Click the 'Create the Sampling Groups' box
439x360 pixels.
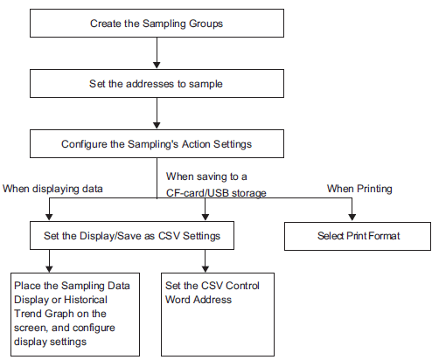pos(157,23)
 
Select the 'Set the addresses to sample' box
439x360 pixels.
pos(157,83)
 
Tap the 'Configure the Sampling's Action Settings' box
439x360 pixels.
pos(157,143)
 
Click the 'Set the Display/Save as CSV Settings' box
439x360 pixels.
pos(132,235)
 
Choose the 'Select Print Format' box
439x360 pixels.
pos(358,236)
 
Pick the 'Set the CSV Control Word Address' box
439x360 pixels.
pos(218,315)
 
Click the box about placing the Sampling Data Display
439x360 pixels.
pos(75,315)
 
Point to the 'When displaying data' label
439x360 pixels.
pos(52,189)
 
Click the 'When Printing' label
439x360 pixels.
pos(359,189)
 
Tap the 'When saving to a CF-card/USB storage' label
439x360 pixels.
pos(216,184)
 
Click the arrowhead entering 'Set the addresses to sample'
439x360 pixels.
pos(157,66)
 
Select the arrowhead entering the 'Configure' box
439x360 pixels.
pos(157,126)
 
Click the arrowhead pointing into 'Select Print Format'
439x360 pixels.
pos(352,218)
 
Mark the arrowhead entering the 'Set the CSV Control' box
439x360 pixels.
pos(206,269)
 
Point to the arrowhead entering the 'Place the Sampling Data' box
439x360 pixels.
pos(49,269)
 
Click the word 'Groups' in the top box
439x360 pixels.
pos(206,24)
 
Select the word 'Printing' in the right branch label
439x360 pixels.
pos(374,189)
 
